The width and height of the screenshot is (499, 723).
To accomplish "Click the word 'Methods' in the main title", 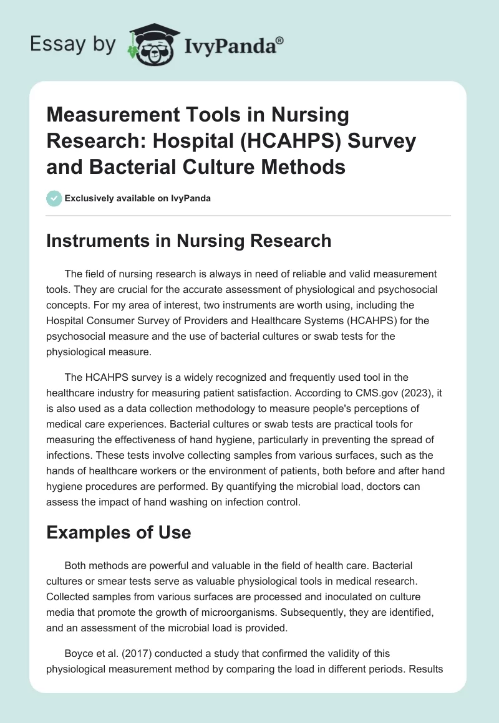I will tap(308, 167).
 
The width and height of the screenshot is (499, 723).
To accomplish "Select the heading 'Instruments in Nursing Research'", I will tap(188, 241).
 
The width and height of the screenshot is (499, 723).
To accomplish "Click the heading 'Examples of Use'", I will tap(119, 533).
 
